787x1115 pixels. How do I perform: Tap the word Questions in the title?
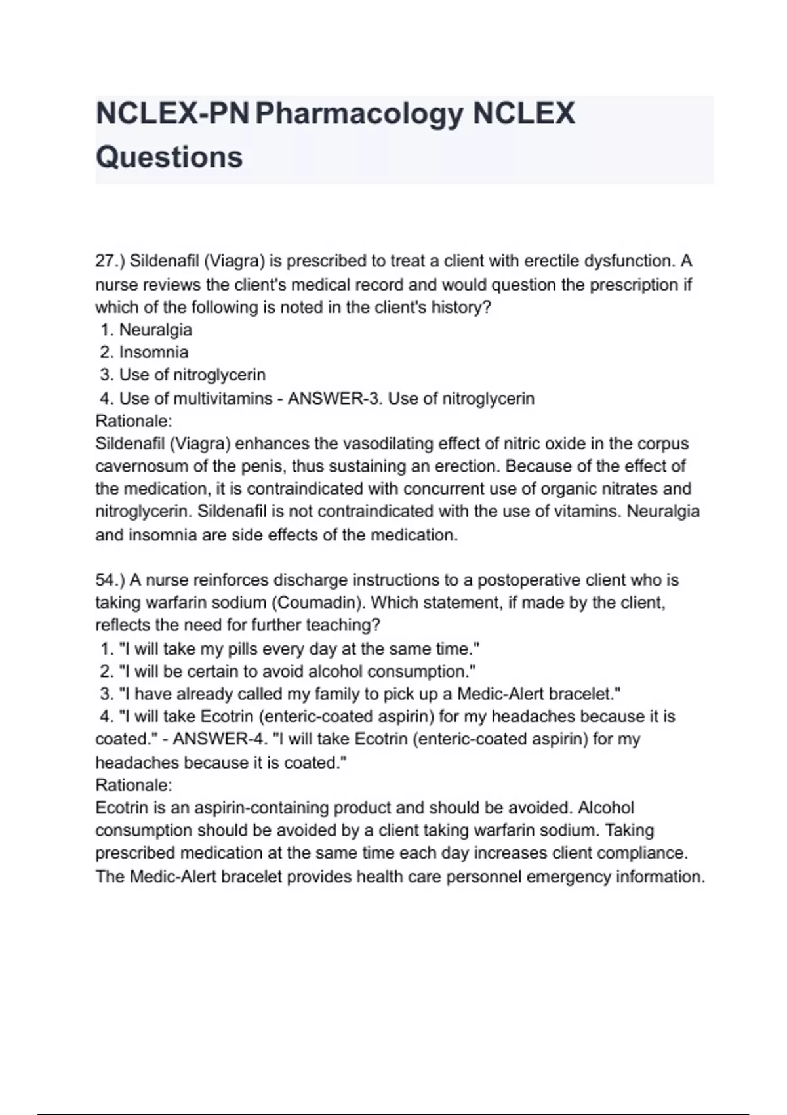[169, 157]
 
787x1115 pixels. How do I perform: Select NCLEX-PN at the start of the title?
[172, 114]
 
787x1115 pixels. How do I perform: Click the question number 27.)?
[110, 261]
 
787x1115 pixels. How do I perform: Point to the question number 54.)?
[110, 580]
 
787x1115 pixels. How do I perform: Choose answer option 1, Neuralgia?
[155, 329]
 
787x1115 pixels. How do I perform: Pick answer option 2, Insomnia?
[153, 352]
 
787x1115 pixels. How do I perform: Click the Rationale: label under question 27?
[134, 420]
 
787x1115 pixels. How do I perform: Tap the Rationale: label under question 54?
[134, 784]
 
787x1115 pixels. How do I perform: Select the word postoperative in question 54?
[529, 580]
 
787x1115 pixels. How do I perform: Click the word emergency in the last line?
[566, 876]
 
